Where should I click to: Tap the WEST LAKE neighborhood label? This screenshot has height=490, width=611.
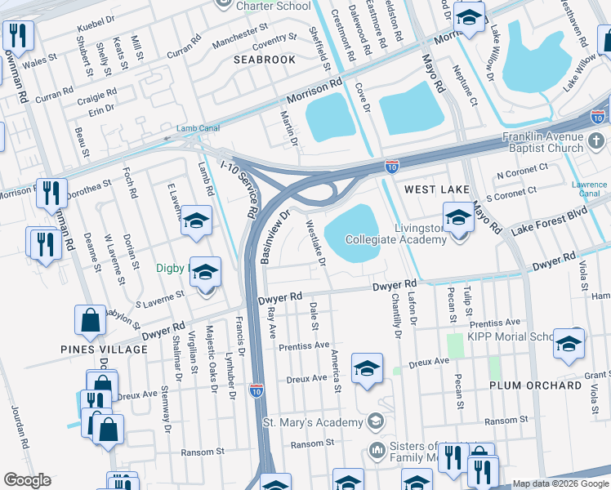(x=438, y=189)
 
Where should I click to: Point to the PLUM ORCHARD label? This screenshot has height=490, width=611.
(x=536, y=385)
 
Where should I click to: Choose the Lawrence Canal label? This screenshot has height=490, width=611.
(x=589, y=189)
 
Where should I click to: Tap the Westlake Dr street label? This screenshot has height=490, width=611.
(x=315, y=243)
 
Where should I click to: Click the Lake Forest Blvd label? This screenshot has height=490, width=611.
(x=549, y=224)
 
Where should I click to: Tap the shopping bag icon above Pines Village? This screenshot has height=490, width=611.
(x=91, y=321)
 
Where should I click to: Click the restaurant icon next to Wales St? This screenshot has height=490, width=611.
(x=16, y=35)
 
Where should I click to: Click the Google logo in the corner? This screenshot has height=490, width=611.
(x=27, y=480)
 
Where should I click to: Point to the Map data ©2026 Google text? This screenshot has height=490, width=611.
(x=560, y=483)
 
